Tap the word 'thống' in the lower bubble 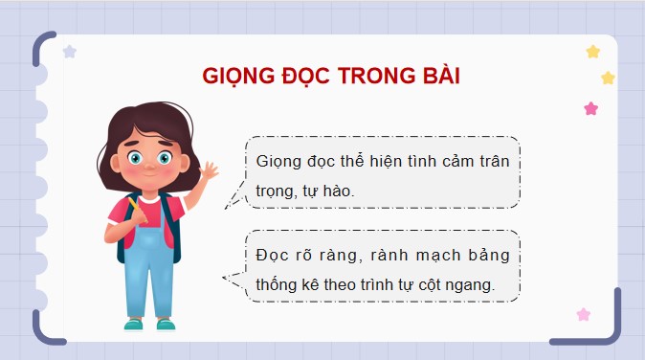click(x=277, y=285)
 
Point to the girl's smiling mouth click(x=150, y=180)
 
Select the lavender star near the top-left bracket click(x=69, y=52)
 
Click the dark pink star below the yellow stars click(x=591, y=108)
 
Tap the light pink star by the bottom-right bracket click(x=583, y=314)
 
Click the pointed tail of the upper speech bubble click(x=230, y=202)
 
